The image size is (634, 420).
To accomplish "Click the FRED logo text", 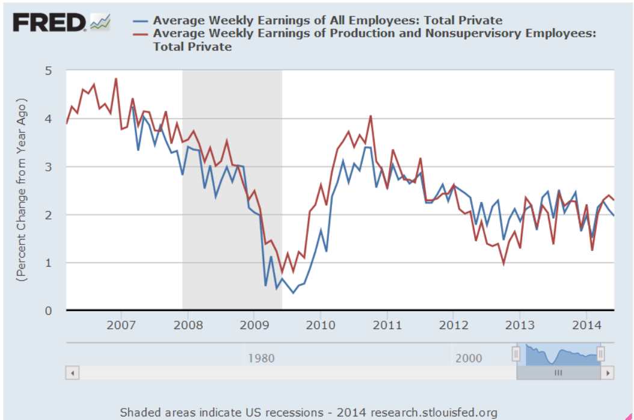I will (x=49, y=22).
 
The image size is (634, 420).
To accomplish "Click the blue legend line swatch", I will (x=141, y=21).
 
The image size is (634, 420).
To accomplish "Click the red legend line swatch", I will (x=141, y=34).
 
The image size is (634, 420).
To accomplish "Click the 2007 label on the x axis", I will (x=121, y=326).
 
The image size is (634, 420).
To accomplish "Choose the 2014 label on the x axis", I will (x=586, y=326).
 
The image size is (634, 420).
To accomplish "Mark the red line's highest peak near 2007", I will (x=115, y=78).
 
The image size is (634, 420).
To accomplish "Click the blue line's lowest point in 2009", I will (x=293, y=292).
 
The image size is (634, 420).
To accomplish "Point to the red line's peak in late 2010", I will (x=371, y=116).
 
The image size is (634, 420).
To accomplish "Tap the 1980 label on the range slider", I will (x=261, y=358).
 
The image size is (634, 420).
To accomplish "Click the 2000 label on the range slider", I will (x=469, y=358).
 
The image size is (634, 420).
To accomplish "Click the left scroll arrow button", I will (x=72, y=374).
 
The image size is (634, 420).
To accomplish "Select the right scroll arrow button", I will (x=608, y=374).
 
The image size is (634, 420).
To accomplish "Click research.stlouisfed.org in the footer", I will (x=434, y=413).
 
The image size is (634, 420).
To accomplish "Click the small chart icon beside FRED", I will (x=100, y=23).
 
